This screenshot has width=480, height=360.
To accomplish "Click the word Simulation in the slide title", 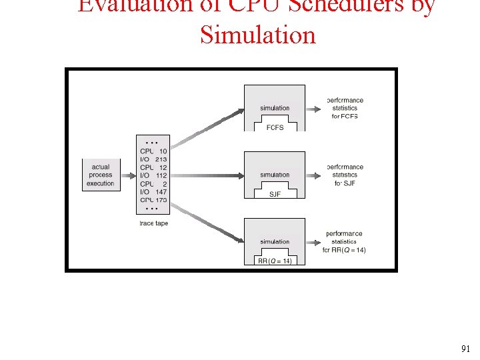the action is point(257,35).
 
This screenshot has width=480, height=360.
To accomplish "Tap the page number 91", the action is point(465,349).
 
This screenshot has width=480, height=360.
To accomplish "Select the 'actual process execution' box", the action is point(101,175).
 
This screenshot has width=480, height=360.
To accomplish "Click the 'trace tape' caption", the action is point(153,223).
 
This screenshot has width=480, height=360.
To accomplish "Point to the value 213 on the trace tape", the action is point(161,159).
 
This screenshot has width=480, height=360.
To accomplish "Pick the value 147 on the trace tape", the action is point(161,192).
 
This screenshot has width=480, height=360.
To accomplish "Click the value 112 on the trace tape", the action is point(161,175).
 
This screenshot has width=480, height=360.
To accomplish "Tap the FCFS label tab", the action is point(275,127).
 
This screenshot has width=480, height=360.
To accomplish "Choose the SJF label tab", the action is point(275,194).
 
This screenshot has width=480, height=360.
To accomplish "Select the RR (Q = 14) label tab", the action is point(275,261).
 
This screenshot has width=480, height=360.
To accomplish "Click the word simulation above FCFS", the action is point(275,108).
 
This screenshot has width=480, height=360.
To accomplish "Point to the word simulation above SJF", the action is point(275,175).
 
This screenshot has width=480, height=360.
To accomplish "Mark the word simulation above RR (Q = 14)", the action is point(275,241).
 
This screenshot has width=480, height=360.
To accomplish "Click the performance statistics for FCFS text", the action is point(345,108).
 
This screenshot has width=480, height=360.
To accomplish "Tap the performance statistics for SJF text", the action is point(345,175).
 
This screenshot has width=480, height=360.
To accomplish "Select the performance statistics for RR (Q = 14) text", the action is point(345,241).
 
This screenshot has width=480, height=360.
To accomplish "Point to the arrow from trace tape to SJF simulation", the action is point(207,175).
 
